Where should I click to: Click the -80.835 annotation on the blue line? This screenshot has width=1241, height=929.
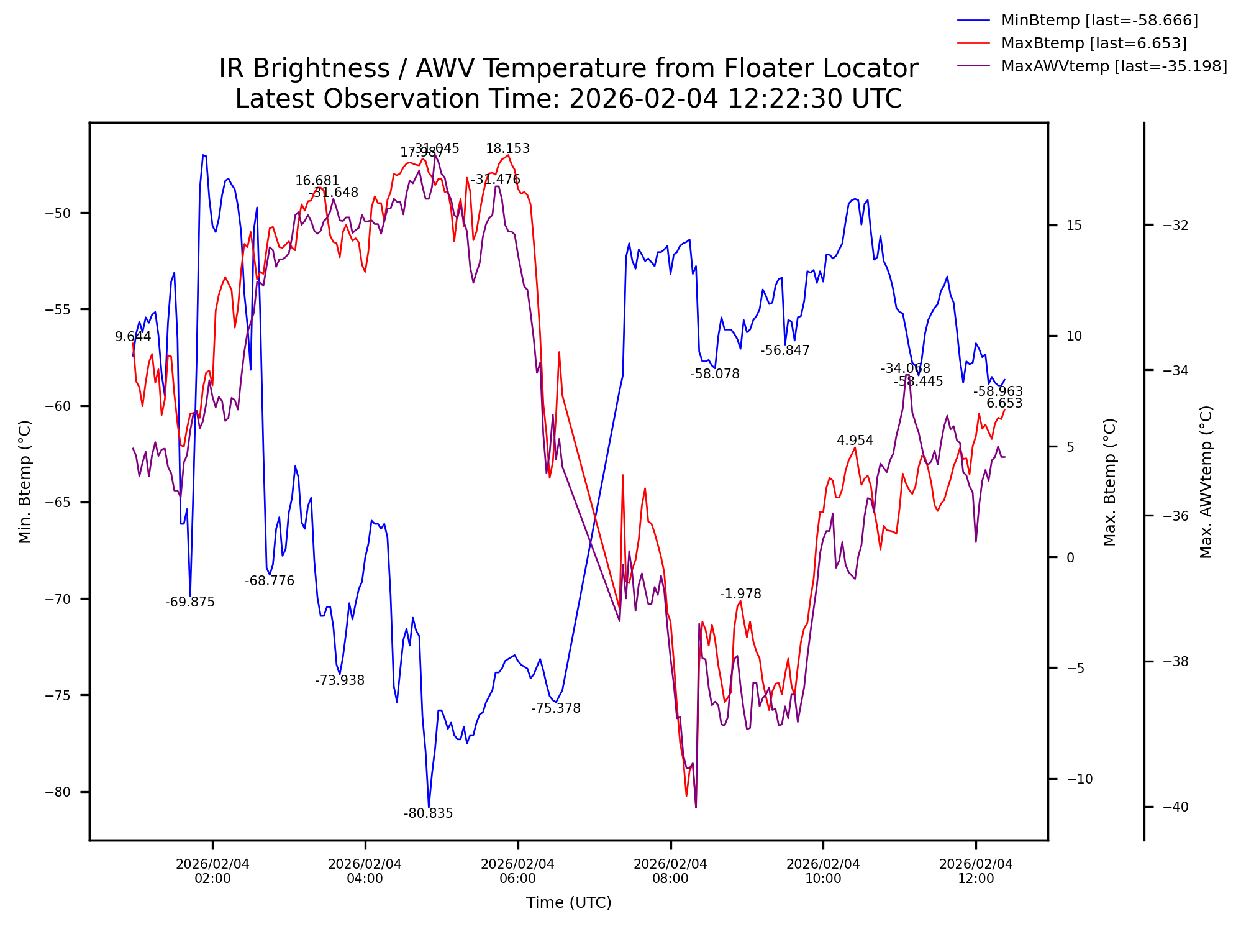coord(428,813)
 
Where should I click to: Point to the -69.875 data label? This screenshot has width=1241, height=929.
coord(189,602)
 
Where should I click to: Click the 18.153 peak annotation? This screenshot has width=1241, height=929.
coord(507,149)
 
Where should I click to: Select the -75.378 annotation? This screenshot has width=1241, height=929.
coord(555,708)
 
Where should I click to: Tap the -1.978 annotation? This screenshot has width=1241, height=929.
coord(740,594)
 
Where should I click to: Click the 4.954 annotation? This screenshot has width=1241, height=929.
coord(855,441)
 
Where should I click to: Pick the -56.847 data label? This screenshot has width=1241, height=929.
coord(784,350)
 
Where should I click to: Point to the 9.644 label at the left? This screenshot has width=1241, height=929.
coord(133,337)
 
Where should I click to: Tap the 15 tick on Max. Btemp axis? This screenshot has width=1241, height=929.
coord(1074,226)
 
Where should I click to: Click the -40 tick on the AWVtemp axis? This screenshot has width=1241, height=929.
coord(1175,807)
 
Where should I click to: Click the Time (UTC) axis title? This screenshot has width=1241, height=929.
coord(568,903)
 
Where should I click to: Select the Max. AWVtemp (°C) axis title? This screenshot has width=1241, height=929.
coord(1206,482)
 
